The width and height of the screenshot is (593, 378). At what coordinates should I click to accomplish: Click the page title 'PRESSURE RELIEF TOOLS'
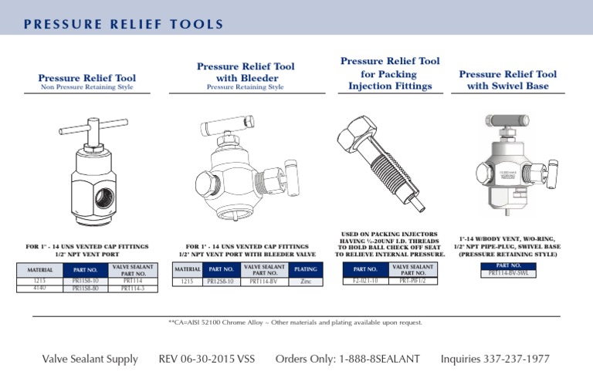coord(124,25)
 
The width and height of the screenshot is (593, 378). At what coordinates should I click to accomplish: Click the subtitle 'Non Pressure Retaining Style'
coord(86,87)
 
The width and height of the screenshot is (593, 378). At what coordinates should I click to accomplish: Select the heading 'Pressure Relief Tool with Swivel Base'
coord(507,80)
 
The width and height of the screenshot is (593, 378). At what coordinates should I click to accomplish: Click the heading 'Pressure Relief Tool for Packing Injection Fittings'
coord(390,73)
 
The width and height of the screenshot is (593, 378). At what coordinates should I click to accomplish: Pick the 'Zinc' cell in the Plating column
coord(305,282)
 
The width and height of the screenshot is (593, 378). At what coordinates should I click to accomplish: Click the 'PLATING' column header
coord(305,269)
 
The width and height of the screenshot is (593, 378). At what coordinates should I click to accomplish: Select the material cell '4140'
coord(40,289)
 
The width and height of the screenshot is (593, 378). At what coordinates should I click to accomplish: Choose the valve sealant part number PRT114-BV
coord(265,282)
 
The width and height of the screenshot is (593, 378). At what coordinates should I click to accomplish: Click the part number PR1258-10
coord(221,282)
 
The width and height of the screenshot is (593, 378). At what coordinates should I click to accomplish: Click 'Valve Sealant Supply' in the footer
coord(90,359)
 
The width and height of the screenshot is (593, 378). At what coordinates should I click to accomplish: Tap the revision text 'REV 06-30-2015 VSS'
coord(206,359)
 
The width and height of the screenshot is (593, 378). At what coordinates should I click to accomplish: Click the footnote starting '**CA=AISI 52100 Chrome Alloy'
coord(295,322)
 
